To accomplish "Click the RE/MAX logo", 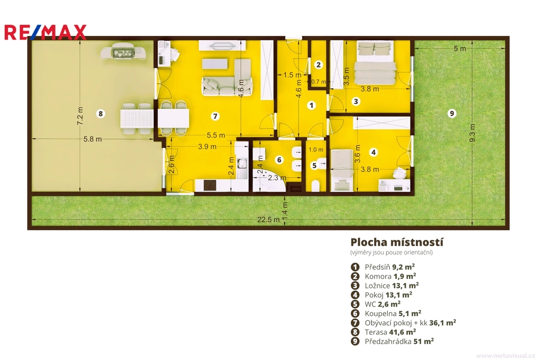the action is (45, 32).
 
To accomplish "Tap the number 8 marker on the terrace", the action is (100, 113).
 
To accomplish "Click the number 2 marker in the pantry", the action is (319, 64).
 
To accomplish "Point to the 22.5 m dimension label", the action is (268, 220).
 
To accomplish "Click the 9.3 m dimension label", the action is (472, 133).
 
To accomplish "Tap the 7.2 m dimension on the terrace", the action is (80, 116).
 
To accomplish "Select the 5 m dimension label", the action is (460, 49).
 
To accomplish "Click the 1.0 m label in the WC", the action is (316, 150).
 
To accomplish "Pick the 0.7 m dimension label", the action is (318, 82).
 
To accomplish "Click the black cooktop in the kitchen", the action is (210, 185).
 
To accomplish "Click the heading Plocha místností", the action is (397, 242).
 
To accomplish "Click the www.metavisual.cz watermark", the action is (506, 356).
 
